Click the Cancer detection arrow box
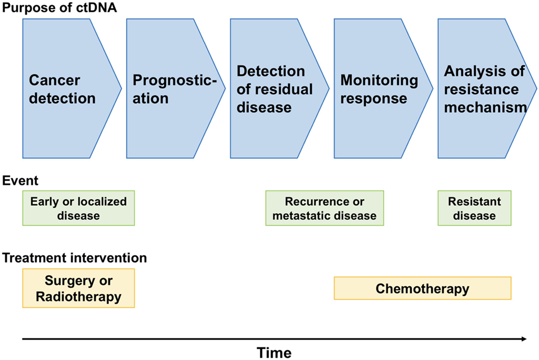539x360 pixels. tap(69, 89)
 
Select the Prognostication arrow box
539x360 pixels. tap(173, 89)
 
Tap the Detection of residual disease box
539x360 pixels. tap(276, 89)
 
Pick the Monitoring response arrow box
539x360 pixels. tap(380, 89)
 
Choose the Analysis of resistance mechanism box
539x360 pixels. tap(484, 89)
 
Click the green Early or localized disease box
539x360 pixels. tap(79, 208)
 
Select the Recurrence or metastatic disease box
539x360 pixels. tap(325, 208)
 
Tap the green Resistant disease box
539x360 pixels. tap(474, 208)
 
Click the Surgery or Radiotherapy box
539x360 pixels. tap(79, 288)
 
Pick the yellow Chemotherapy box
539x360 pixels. tap(422, 288)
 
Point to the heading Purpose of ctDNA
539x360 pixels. tap(59, 7)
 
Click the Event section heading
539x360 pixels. tap(20, 181)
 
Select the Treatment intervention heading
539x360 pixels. tap(75, 258)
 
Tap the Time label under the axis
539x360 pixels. tap(274, 353)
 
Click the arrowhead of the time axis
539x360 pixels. tap(524, 339)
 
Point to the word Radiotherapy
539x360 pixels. tap(79, 296)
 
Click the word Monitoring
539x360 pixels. tap(379, 80)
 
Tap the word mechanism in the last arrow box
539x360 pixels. tap(485, 108)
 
